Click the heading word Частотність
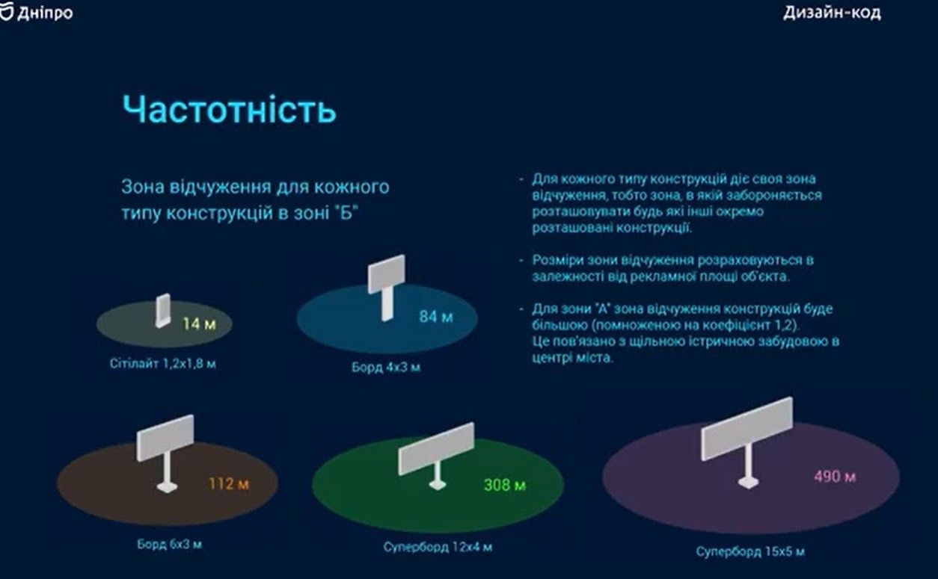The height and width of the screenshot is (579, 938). coord(229,110)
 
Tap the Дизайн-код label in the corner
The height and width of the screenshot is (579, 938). coord(832,13)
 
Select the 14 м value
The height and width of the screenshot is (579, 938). coord(200,324)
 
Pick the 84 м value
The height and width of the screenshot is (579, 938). coord(436,317)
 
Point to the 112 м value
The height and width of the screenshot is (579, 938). coord(228,484)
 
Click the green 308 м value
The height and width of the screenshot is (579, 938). coord(505,485)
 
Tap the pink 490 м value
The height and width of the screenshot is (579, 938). coord(834,476)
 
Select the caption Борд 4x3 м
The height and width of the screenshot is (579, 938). coord(385,368)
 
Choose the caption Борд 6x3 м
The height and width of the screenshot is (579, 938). coord(169,544)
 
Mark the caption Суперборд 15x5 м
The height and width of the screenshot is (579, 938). coord(750,552)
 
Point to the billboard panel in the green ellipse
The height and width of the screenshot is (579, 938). coord(436,448)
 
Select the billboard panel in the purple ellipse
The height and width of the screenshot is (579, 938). coord(747,428)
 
